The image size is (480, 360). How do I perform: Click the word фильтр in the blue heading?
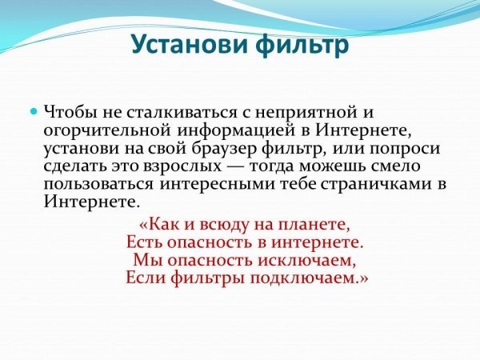302,46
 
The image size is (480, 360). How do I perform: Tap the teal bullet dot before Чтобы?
34,110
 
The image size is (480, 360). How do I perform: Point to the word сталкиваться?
182,112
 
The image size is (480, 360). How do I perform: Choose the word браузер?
225,149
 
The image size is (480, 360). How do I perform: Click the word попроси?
405,150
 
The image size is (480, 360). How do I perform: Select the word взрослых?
182,167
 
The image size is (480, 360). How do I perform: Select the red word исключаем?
306,261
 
